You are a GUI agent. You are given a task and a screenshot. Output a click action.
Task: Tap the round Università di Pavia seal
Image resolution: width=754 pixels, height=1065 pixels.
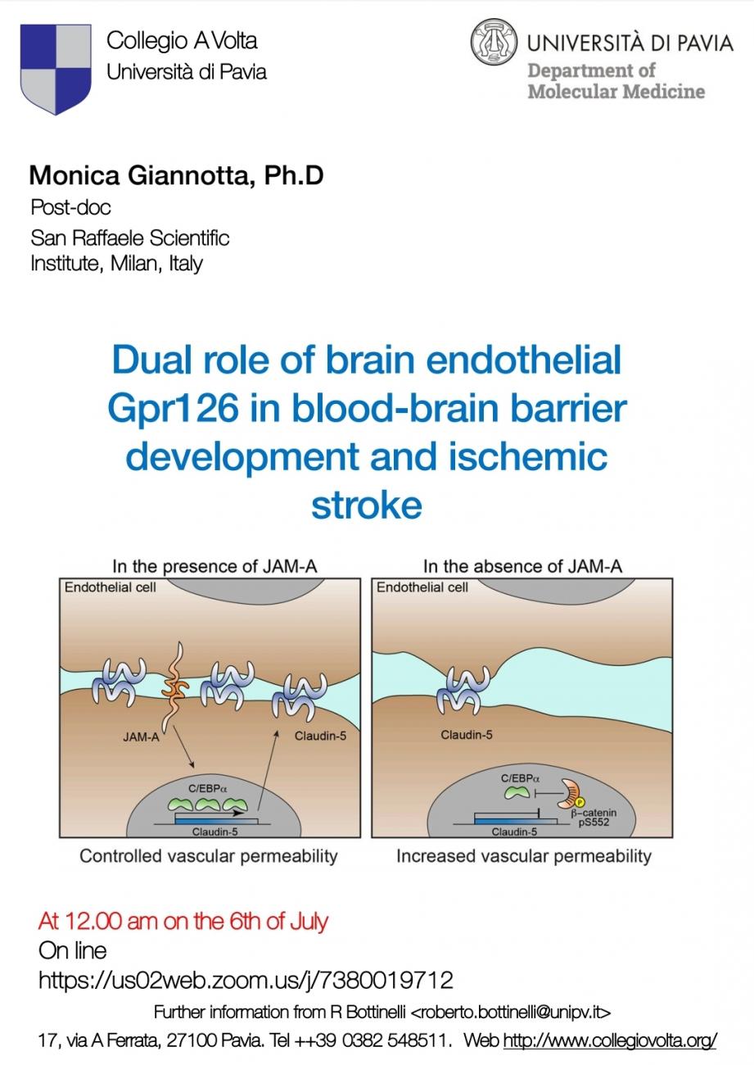click(494, 43)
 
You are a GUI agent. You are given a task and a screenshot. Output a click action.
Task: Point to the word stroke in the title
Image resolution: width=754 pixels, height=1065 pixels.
click(366, 504)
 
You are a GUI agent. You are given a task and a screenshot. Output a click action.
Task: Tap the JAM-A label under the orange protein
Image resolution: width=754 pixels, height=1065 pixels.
click(141, 736)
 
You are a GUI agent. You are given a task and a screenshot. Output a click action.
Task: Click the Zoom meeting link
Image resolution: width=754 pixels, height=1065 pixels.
click(246, 979)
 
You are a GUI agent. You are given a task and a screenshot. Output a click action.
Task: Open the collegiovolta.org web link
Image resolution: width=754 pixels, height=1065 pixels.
click(610, 1040)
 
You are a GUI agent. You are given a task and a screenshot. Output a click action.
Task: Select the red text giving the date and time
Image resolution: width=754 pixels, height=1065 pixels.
click(183, 921)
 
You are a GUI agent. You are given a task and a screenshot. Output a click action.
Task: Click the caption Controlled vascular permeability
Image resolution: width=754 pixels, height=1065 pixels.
click(208, 856)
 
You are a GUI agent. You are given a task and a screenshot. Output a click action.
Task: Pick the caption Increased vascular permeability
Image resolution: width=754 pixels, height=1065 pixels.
click(523, 856)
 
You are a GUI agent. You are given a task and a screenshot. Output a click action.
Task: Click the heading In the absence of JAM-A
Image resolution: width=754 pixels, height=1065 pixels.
click(522, 566)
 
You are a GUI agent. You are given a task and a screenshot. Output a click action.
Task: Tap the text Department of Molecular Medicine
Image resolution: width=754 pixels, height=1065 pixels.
click(616, 80)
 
